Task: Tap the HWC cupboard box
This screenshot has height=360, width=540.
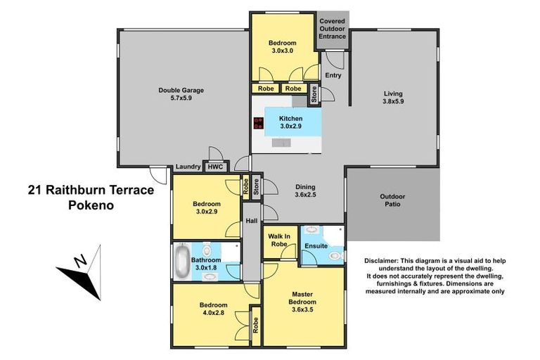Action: click(214, 167)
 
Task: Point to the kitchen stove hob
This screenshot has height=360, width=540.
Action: click(258, 124)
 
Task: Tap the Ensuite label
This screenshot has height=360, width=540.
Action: click(315, 246)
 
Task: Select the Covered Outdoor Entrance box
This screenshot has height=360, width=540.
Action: click(332, 30)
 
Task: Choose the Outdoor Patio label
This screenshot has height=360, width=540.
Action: click(392, 200)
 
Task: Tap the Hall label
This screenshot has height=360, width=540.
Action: click(250, 221)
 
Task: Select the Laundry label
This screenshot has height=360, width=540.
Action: click(188, 167)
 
